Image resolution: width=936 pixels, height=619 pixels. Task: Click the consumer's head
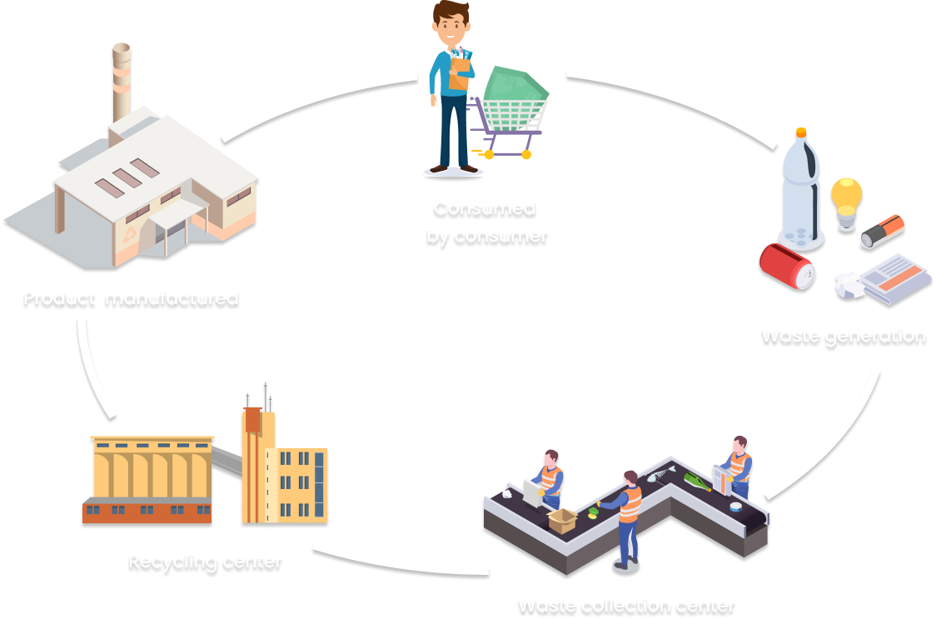point(451,22)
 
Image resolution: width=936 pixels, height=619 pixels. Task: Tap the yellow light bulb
point(846,198)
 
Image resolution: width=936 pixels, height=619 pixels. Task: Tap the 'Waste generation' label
point(843,336)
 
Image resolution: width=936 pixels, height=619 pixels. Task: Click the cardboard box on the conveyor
point(562,520)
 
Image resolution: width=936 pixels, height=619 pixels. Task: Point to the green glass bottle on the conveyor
point(697,482)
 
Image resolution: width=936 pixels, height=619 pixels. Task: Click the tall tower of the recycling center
point(257,462)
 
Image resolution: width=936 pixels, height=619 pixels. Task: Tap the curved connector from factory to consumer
point(316,98)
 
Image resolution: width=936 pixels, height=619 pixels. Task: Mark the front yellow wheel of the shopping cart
point(490,154)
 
